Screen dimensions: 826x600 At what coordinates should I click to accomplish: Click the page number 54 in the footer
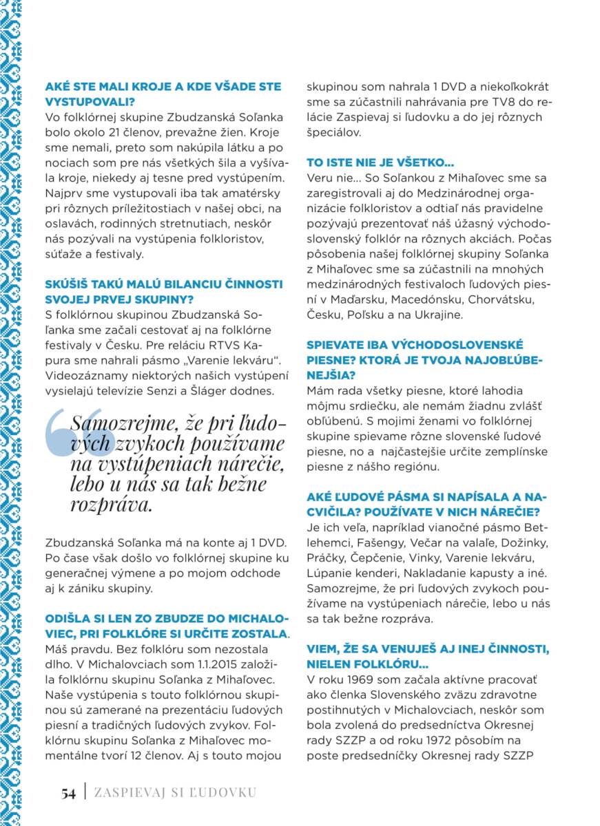[x=68, y=793]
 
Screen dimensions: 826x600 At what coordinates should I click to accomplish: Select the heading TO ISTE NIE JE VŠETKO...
[x=380, y=163]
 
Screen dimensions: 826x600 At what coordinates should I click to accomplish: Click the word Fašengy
[x=372, y=543]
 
